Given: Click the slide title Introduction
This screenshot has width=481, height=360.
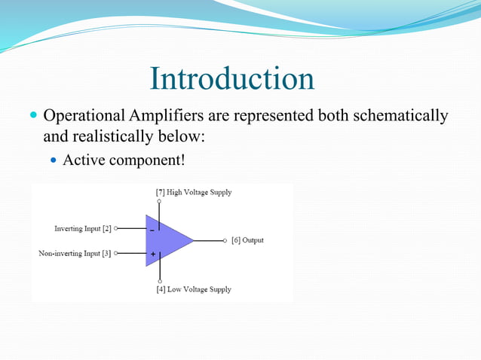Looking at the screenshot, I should click(x=232, y=79).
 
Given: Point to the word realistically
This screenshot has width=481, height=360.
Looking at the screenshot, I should click(x=111, y=139).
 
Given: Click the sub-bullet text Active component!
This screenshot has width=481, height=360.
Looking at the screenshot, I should click(x=124, y=160).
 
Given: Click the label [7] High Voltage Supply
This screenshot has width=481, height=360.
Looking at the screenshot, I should click(x=194, y=192).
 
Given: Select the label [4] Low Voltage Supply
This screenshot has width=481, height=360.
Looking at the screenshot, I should click(x=194, y=289).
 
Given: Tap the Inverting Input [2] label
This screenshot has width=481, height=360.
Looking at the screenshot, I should click(x=83, y=228).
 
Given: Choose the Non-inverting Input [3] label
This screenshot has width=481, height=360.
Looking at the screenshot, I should click(x=75, y=253).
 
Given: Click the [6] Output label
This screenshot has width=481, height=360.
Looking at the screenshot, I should click(x=247, y=240).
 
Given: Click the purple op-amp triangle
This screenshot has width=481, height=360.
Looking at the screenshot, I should click(x=167, y=241).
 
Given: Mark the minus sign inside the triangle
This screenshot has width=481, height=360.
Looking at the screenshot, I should click(x=152, y=229).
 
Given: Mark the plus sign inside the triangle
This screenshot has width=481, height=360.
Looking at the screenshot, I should click(x=152, y=254).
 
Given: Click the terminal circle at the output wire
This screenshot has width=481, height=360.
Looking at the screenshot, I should click(x=225, y=240).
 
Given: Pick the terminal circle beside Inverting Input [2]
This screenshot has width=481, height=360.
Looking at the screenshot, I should click(x=116, y=228).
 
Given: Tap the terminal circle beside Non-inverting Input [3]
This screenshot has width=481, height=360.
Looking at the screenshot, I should click(x=116, y=253).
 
